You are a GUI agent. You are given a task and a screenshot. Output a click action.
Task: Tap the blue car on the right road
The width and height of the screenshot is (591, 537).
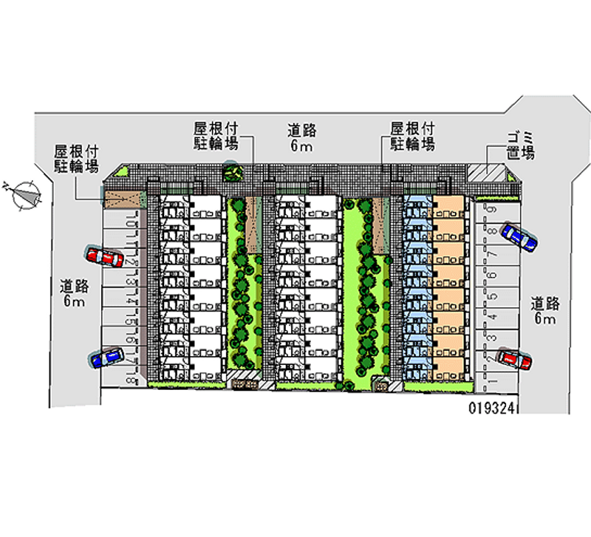tap(519, 236)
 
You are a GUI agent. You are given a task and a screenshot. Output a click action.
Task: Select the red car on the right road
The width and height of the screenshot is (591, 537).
tap(514, 359)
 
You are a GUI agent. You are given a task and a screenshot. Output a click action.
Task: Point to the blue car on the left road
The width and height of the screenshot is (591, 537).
tap(107, 358)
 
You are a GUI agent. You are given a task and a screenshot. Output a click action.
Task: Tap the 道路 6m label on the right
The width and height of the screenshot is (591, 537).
tap(545, 311)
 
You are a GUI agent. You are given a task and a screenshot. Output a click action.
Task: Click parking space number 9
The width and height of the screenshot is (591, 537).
tap(491, 211)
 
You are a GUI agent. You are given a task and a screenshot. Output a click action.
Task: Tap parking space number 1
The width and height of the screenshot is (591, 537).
tap(491, 382)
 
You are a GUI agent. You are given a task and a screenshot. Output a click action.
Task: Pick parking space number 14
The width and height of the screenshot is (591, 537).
tap(129, 301)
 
